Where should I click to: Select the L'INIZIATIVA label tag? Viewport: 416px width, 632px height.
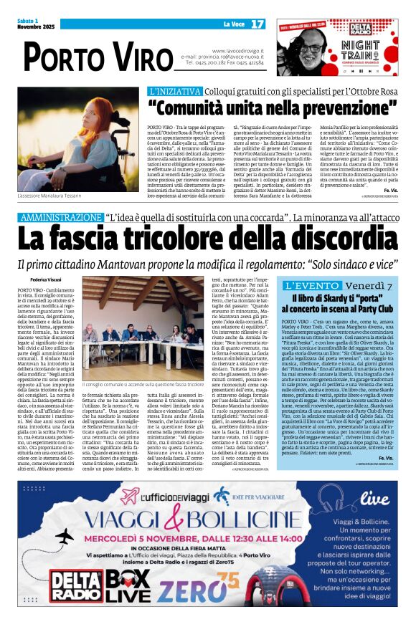[x=175, y=92]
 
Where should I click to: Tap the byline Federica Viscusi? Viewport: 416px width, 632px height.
[x=46, y=279]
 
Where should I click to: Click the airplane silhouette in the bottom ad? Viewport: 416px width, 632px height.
[x=64, y=537]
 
